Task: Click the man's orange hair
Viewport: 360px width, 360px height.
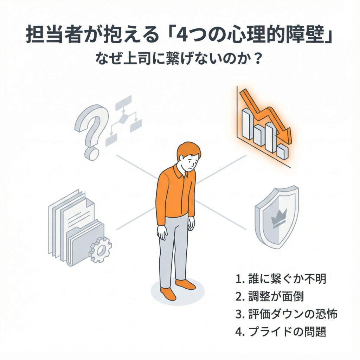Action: click(188, 149)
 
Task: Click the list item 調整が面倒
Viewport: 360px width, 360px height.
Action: click(270, 296)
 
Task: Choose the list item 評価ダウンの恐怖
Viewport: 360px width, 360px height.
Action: click(286, 314)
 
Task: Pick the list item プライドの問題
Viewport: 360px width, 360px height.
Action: click(282, 332)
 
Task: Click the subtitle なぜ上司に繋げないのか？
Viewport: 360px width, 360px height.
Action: click(180, 59)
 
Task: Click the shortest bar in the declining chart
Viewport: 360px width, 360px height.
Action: click(282, 151)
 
